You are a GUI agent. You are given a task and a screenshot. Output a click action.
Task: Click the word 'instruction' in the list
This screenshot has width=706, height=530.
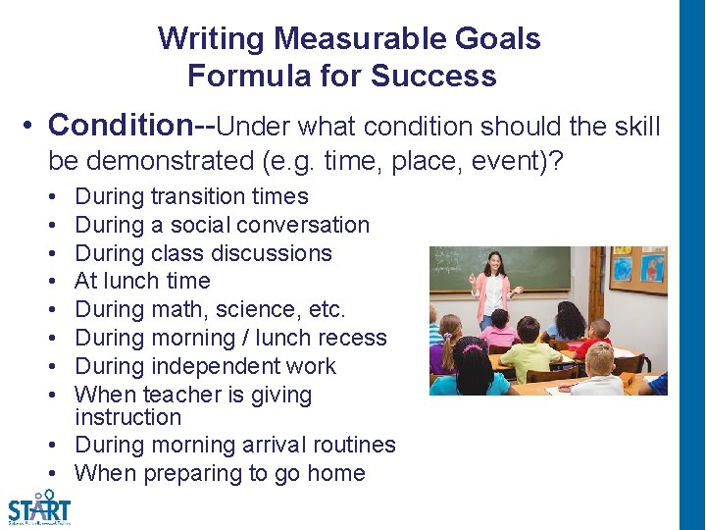click(x=127, y=417)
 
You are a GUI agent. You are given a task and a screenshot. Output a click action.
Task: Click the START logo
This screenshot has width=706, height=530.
click(x=39, y=507)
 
